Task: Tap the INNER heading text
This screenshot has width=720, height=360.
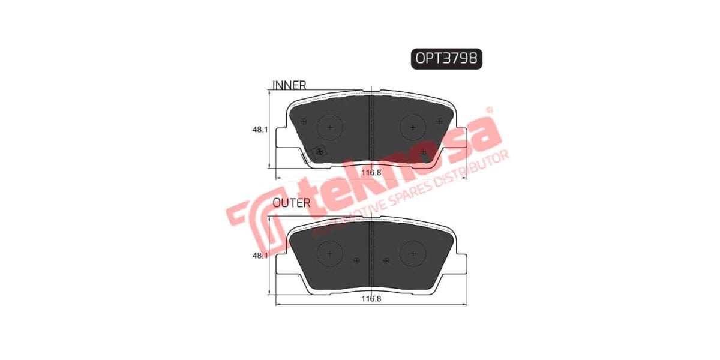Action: tap(290, 85)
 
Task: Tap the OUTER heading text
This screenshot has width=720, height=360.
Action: tap(292, 203)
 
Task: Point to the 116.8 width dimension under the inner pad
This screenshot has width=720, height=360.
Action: tap(372, 172)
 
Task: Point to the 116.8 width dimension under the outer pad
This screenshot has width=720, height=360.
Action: tap(372, 298)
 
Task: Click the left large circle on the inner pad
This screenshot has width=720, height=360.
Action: tap(329, 127)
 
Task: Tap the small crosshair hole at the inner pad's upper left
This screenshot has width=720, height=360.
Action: tap(304, 121)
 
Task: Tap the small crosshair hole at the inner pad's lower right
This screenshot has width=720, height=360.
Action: tap(424, 152)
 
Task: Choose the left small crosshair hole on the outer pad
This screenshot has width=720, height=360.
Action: tap(357, 260)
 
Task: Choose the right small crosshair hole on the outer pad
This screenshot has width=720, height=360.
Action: tap(386, 260)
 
